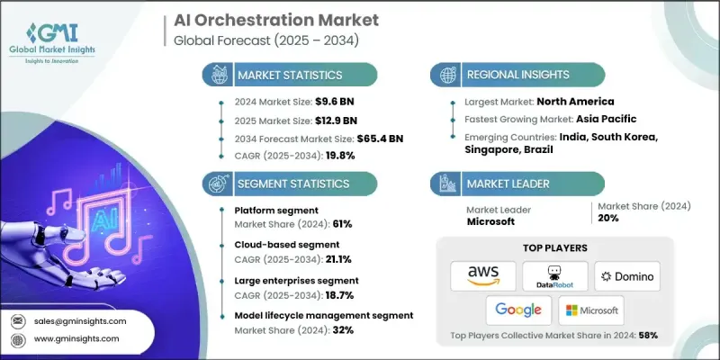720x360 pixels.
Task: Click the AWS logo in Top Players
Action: [x=483, y=275]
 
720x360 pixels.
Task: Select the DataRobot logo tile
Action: [x=554, y=275]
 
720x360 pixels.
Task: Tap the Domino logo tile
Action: [x=625, y=275]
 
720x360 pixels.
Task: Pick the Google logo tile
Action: [x=518, y=310]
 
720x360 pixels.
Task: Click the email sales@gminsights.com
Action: [x=81, y=320]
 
